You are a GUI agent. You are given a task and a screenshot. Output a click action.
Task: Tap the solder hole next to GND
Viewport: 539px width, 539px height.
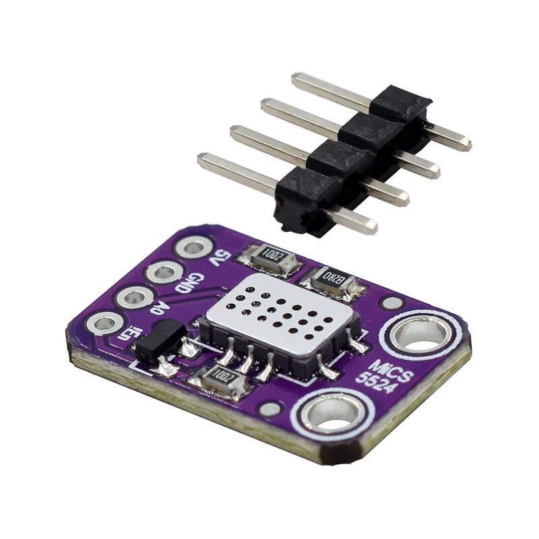[x=164, y=273]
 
